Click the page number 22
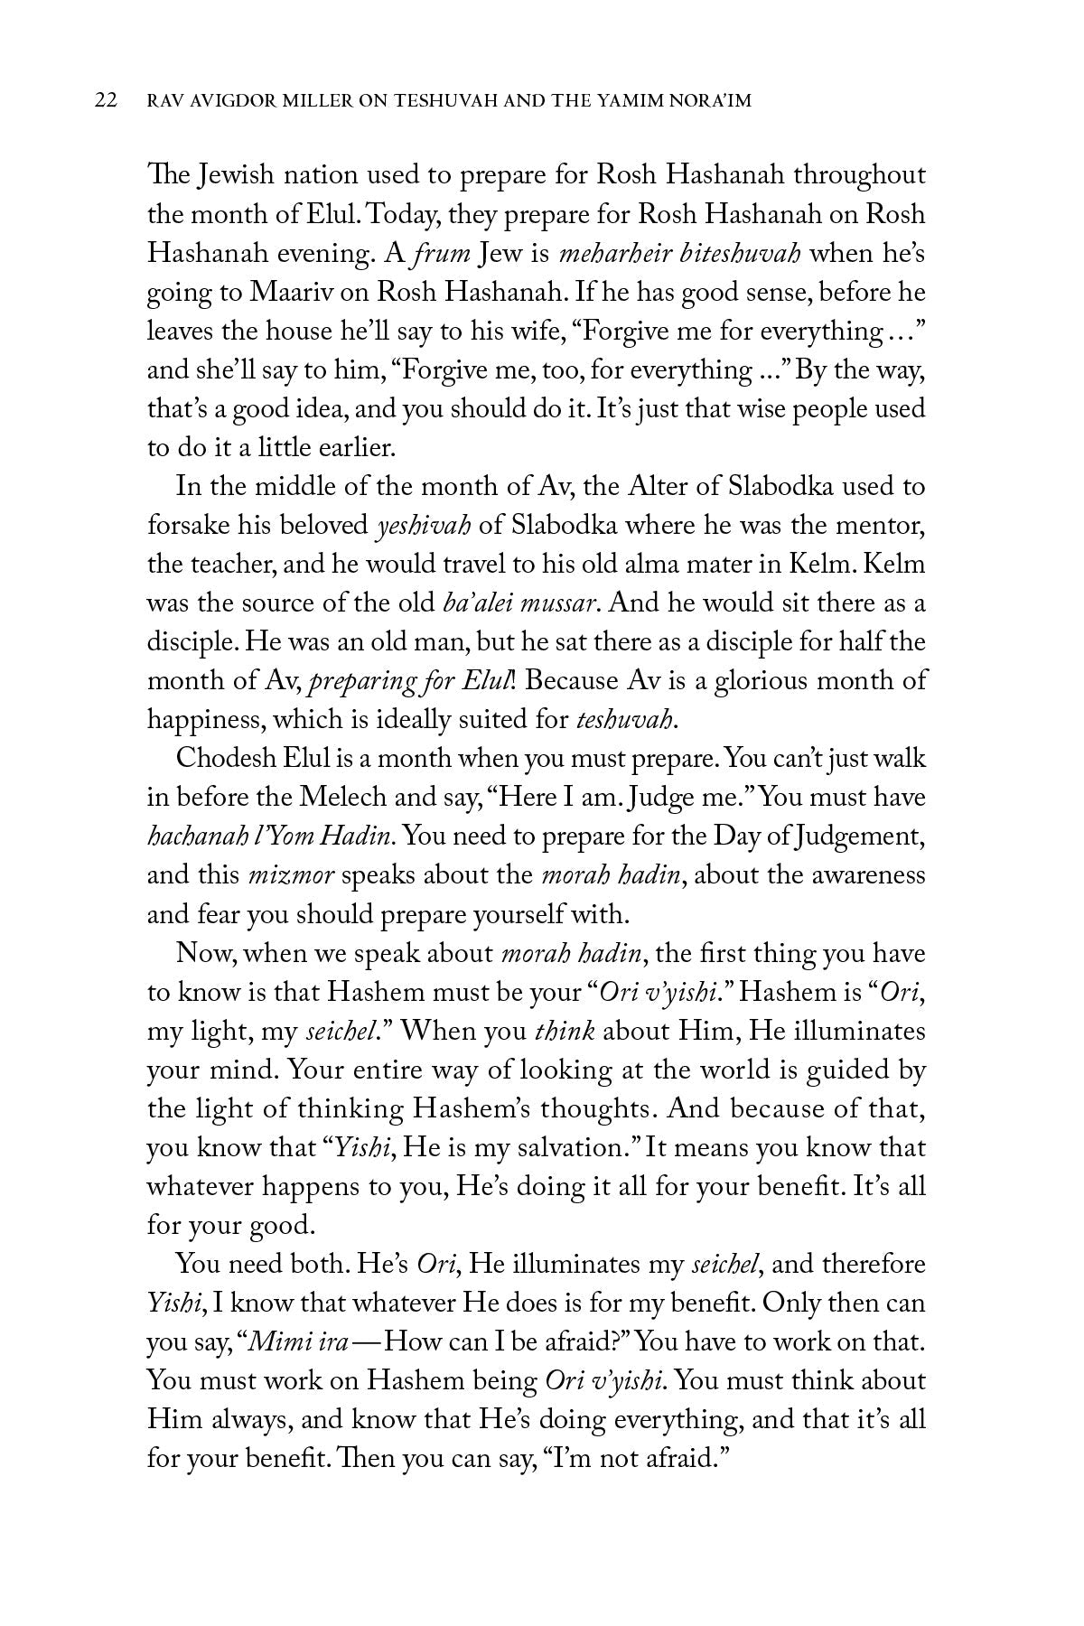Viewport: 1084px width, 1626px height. click(x=105, y=102)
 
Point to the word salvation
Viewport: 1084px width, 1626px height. click(x=550, y=1148)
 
